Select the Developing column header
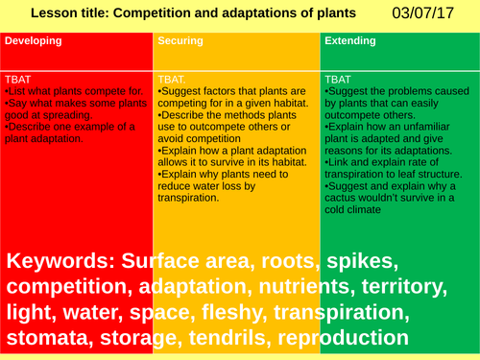point(34,42)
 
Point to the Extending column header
point(350,42)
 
